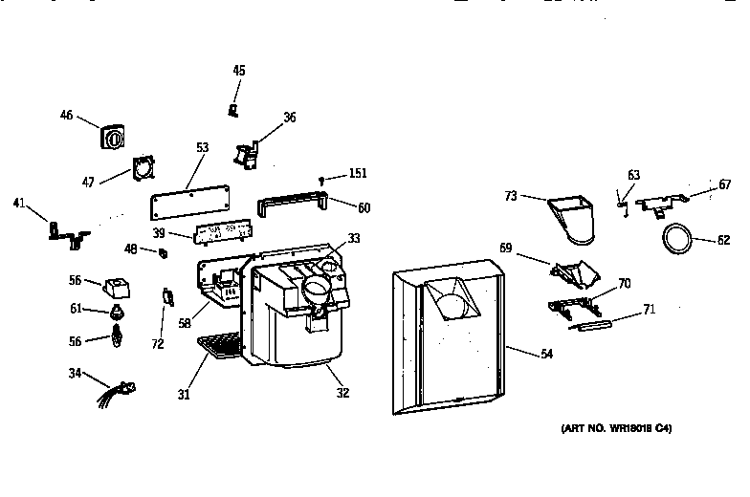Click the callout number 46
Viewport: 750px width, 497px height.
pyautogui.click(x=66, y=116)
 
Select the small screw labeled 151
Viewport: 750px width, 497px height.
pyautogui.click(x=322, y=179)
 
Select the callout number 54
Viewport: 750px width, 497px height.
pyautogui.click(x=546, y=355)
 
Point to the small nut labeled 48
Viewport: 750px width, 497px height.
pyautogui.click(x=163, y=252)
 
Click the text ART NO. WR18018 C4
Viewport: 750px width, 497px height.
pyautogui.click(x=616, y=429)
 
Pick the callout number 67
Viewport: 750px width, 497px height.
pyautogui.click(x=724, y=184)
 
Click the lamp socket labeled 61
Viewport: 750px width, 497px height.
pyautogui.click(x=118, y=313)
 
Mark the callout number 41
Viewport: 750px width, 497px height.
pyautogui.click(x=19, y=202)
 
